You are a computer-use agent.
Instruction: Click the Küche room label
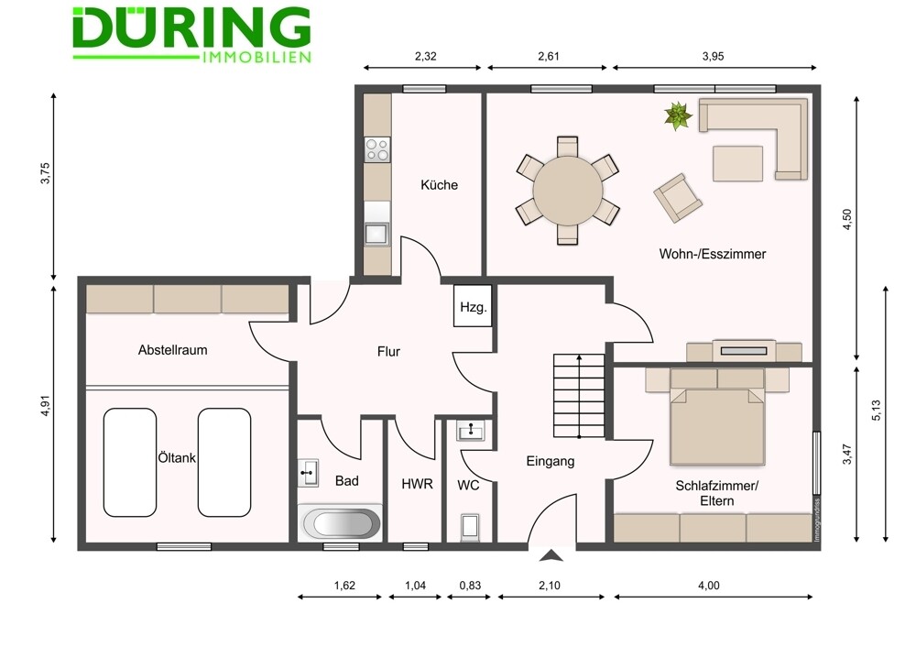point(440,185)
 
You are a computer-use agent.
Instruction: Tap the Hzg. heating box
point(474,306)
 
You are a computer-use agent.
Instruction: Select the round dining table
point(568,191)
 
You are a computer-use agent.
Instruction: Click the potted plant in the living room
point(678,115)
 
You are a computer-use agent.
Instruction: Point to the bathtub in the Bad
point(341,524)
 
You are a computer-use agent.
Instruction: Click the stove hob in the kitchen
point(376,149)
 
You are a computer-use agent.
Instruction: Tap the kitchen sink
point(376,232)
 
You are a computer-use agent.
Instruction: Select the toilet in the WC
point(470,527)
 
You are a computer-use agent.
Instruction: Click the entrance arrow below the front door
point(551,555)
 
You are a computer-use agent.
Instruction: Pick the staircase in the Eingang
point(579,396)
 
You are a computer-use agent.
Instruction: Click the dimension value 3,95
point(713,56)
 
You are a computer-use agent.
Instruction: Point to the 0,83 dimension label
point(470,585)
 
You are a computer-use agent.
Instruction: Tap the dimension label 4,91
point(46,406)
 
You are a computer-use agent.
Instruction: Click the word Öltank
point(177,457)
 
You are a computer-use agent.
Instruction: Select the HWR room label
point(417,484)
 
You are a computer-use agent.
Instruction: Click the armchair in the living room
point(678,198)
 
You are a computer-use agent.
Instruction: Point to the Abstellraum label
point(172,350)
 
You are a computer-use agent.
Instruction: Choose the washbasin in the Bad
point(308,472)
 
